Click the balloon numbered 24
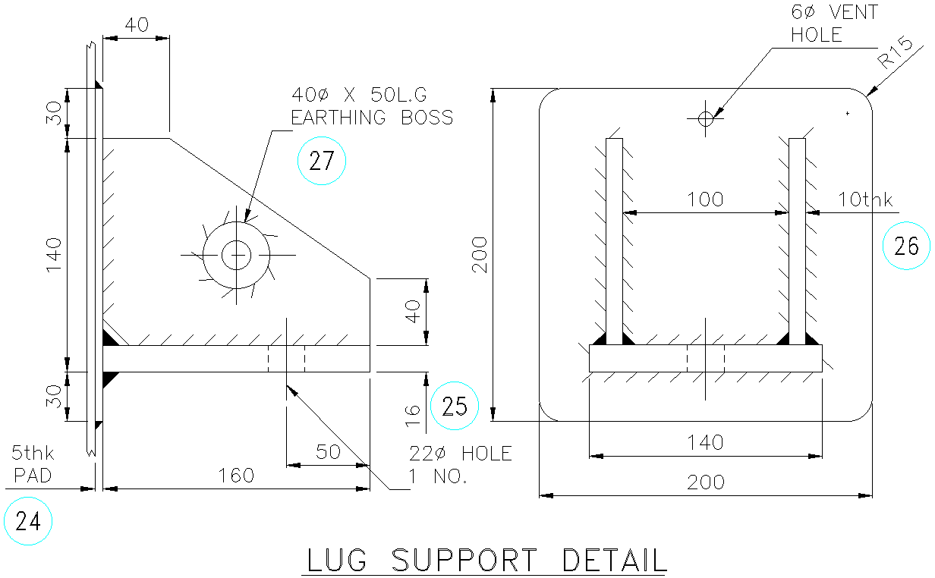point(28,521)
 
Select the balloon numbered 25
point(455,407)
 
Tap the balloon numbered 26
point(907,247)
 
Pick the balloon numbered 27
point(322,162)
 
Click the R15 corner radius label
point(894,54)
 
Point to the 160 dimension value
point(236,476)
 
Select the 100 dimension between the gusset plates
point(705,199)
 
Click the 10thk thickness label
point(865,199)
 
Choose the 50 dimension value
point(327,452)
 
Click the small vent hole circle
point(706,118)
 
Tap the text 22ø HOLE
point(461,454)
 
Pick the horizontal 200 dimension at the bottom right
point(705,482)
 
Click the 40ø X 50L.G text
point(360,95)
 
